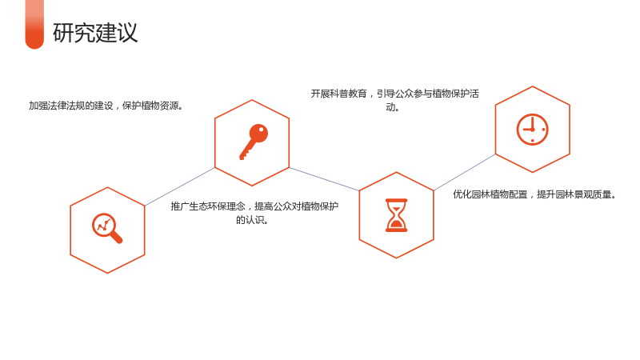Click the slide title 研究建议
95,33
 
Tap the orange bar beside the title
34,25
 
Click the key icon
254,142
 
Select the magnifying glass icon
107,228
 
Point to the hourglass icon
396,215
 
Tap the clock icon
532,130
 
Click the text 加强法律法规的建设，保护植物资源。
106,106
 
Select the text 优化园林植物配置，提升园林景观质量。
534,194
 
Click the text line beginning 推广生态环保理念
254,206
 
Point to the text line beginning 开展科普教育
394,94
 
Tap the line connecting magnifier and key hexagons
179,186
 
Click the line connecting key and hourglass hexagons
324,178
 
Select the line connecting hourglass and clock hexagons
465,172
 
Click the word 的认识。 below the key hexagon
252,220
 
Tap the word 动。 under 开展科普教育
393,107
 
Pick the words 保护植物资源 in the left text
150,106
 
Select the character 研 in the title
63,33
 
